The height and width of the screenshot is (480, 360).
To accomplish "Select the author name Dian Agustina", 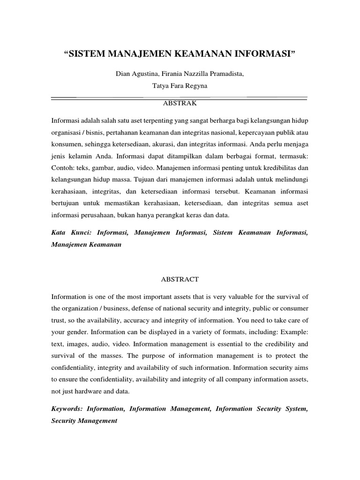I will coord(135,74).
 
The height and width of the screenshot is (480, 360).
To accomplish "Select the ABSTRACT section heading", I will coord(180,279).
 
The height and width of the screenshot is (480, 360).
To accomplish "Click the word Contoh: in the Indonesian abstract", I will coord(64,167).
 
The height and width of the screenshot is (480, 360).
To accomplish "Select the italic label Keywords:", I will coord(69,409).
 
